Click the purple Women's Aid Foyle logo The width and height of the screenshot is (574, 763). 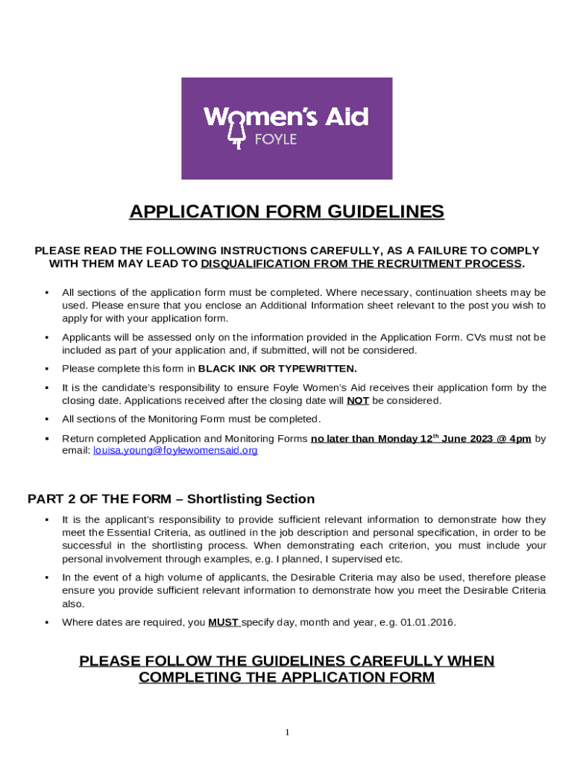(x=287, y=128)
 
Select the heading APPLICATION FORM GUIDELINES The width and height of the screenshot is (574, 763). (x=287, y=212)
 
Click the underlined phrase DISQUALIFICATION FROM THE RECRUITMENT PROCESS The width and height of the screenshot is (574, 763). (x=362, y=264)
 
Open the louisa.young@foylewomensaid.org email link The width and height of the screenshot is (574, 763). (x=175, y=451)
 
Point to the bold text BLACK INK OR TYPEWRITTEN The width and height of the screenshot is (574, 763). (x=277, y=369)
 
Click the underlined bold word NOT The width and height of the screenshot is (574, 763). (x=358, y=400)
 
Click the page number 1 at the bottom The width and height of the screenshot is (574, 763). (x=287, y=732)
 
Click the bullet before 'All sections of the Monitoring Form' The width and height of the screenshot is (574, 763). (x=46, y=420)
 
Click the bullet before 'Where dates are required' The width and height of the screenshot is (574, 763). (x=46, y=623)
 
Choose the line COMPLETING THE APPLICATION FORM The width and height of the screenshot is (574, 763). (x=287, y=677)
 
